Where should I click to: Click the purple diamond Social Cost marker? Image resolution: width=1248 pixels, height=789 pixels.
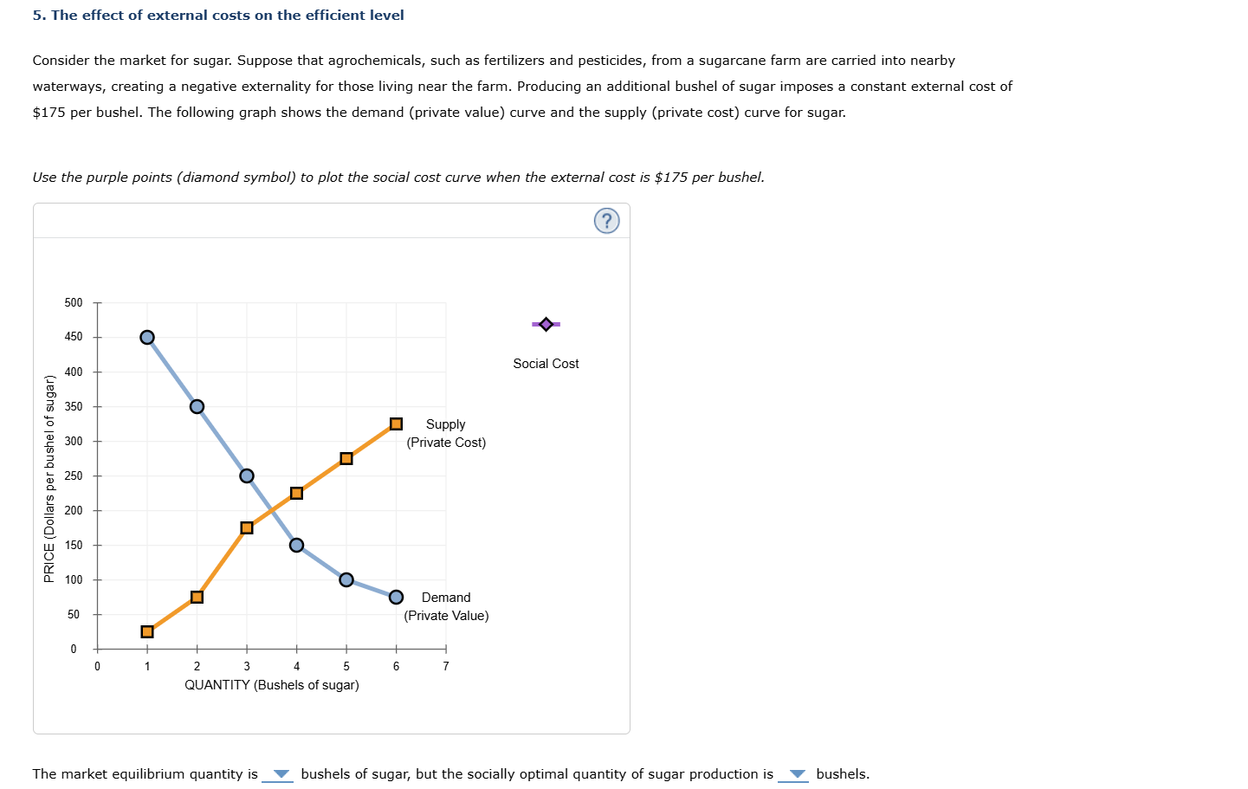(546, 324)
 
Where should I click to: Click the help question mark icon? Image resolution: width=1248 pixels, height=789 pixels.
(606, 221)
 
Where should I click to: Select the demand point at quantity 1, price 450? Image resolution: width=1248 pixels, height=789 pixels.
(147, 337)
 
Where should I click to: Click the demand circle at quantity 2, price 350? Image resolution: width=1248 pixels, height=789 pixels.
(197, 406)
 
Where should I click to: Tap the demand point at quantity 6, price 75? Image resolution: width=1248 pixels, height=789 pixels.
(396, 597)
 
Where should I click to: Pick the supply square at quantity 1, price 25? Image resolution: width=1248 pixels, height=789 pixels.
(147, 631)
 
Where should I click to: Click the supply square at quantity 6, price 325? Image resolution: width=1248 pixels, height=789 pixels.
(396, 424)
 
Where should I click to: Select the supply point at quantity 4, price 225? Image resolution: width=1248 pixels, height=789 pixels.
(296, 493)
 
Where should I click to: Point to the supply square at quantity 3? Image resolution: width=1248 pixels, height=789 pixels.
(247, 527)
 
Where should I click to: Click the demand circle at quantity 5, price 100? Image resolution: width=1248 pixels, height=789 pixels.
(346, 579)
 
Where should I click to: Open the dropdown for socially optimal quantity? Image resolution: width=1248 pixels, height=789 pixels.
(794, 774)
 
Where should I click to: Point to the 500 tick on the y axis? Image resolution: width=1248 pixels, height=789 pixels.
(74, 302)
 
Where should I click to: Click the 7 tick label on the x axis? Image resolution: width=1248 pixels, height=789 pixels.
(446, 666)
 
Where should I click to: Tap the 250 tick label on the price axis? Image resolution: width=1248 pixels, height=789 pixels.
(74, 475)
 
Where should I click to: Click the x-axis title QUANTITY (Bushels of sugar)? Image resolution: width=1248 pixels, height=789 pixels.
(271, 685)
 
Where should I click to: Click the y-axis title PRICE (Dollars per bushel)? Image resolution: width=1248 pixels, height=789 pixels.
(49, 478)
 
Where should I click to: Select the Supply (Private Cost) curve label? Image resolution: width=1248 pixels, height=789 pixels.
(446, 433)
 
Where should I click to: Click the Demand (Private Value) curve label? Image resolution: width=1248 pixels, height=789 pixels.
(446, 606)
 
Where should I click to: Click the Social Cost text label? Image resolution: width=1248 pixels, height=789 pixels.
(546, 364)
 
